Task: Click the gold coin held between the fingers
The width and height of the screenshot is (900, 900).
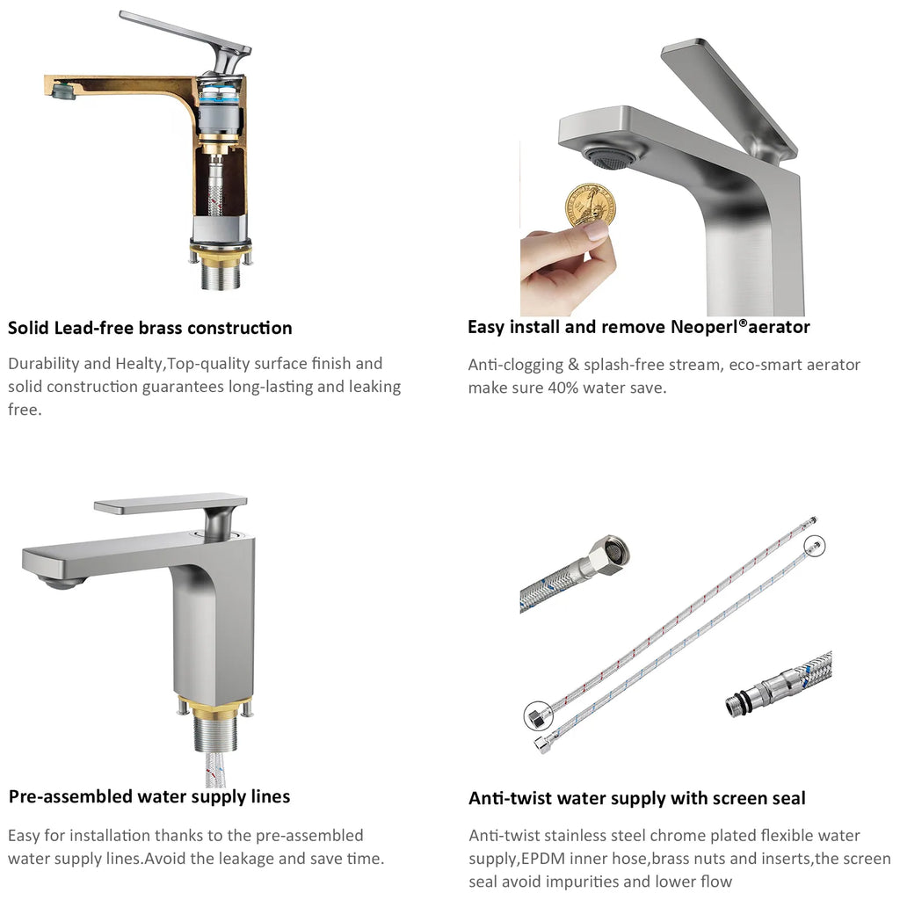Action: coord(590,206)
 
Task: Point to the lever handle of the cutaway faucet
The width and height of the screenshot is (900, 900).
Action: coord(185,37)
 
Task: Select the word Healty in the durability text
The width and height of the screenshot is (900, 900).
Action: coord(141,364)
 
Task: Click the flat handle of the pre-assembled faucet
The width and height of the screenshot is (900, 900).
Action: coord(171,504)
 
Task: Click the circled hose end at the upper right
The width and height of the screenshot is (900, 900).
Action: coord(815,545)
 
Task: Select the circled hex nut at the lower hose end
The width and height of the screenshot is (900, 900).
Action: coord(538,715)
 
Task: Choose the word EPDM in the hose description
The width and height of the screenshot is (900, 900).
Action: coord(541,860)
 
